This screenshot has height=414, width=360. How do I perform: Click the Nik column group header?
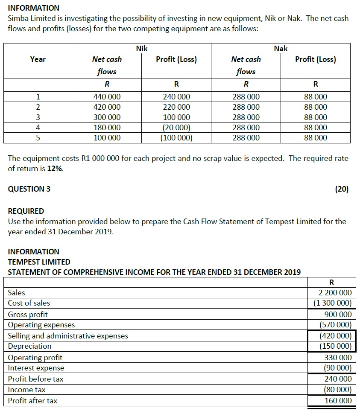tap(142, 49)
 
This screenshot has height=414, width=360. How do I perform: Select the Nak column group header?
tap(281, 49)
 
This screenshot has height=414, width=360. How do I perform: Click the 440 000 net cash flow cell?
tap(107, 97)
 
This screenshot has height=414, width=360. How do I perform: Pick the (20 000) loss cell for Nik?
tap(176, 128)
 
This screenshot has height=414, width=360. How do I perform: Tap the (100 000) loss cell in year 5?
tap(176, 138)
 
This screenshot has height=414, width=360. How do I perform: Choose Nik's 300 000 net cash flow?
tap(107, 117)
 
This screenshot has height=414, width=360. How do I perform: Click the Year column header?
tap(38, 59)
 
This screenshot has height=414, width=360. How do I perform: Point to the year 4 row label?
tap(38, 128)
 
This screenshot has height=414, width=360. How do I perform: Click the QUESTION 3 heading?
tap(29, 189)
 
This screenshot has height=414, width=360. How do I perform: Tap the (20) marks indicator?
tap(342, 189)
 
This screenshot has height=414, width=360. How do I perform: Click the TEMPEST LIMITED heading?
tap(39, 262)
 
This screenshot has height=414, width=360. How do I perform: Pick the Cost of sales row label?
tap(29, 303)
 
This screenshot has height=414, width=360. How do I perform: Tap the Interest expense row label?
tap(36, 368)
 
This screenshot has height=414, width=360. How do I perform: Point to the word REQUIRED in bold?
tap(26, 211)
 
